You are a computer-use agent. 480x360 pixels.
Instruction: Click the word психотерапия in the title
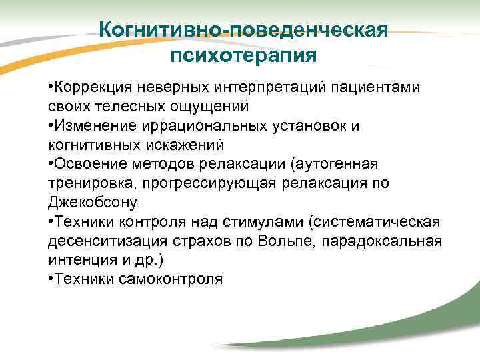click(243, 54)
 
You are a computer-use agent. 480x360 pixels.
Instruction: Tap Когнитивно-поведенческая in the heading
click(243, 29)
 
